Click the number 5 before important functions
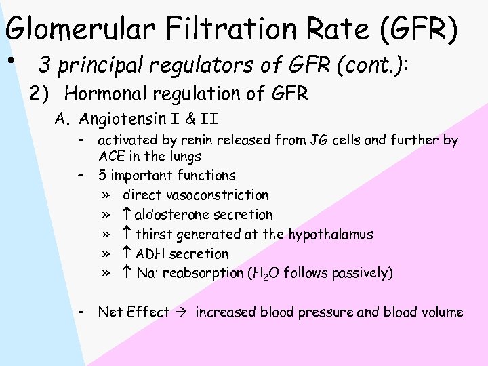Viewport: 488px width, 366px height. [x=102, y=176]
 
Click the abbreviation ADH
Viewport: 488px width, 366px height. [x=149, y=254]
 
